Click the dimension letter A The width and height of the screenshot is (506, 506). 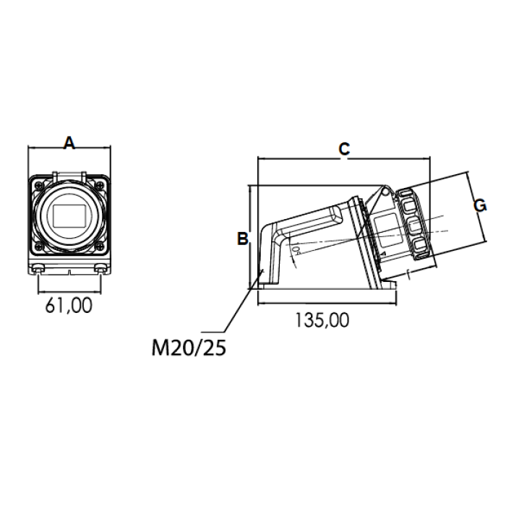click(69, 142)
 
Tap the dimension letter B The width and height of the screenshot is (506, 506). click(243, 239)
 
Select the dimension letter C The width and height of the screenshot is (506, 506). click(344, 149)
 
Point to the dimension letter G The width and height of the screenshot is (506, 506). click(480, 205)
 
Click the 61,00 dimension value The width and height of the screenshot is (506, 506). click(69, 305)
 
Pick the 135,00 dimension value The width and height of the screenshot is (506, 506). click(322, 320)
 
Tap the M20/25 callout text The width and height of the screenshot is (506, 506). click(189, 348)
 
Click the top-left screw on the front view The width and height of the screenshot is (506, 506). click(39, 185)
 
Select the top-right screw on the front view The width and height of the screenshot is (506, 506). click(100, 185)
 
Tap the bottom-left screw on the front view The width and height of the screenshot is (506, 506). click(39, 246)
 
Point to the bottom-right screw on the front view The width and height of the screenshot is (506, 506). click(100, 246)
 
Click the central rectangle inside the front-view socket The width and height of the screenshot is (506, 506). click(69, 215)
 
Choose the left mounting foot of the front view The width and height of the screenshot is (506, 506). click(38, 268)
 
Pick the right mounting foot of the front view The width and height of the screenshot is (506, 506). click(100, 268)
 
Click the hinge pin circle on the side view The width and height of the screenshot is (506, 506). click(385, 192)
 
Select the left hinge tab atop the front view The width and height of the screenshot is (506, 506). click(55, 176)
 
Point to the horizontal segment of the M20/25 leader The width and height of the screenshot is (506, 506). click(213, 332)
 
